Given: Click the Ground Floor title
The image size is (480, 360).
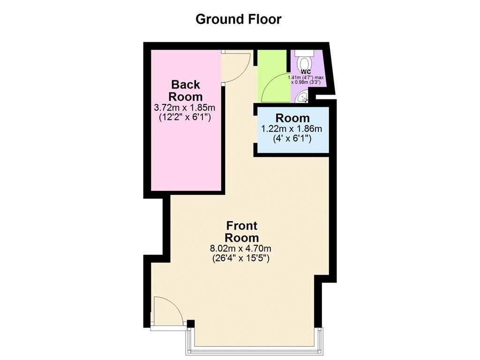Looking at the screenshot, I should coord(238,19).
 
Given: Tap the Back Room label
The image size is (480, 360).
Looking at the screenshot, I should coord(185,90).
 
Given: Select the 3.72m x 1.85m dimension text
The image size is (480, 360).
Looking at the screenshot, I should coord(185,108).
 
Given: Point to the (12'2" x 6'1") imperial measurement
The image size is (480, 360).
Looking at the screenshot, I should coord(185,117).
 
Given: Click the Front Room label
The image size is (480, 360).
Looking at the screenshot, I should coord(241,231).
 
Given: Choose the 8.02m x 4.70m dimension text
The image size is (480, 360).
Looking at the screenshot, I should coord(241,248).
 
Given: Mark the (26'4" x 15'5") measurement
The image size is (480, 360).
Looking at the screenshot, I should coord(241,258).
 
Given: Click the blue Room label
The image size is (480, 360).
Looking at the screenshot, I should coord(292,118).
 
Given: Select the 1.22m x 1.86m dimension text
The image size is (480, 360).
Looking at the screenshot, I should coord(292,129).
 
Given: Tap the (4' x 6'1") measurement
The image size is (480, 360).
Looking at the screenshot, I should coord(292,138).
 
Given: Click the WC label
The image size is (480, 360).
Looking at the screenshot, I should coord(306,71).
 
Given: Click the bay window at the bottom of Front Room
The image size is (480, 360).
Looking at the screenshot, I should coord(255,349).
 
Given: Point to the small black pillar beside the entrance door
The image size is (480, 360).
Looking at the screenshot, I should coord(190,323).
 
